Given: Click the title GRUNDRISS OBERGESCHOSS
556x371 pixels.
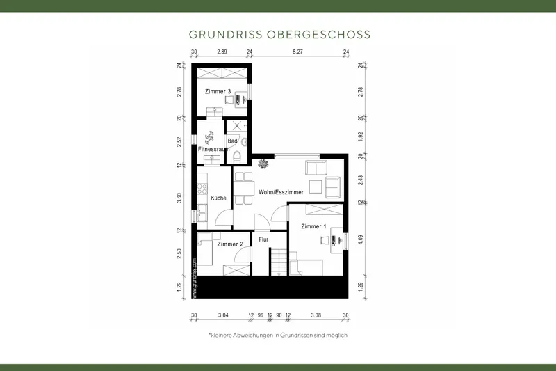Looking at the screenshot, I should point(279,34).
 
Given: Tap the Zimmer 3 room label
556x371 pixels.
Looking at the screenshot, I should point(218,92).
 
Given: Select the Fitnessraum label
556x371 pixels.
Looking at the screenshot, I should point(213,150).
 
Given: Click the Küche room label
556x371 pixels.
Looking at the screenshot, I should point(219,198).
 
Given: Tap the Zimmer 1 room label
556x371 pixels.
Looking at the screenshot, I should point(313,227).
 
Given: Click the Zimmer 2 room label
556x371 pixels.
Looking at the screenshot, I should point(230,244).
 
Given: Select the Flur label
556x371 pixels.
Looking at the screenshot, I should point(263,240).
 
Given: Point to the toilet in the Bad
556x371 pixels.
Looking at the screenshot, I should point(237,156).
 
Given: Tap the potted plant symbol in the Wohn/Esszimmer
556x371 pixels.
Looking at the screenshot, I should point(264,164).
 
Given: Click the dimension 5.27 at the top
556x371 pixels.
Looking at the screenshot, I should point(297,52).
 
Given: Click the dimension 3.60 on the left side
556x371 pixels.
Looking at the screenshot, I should point(179,198).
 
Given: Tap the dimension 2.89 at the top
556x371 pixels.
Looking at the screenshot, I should point(222,52).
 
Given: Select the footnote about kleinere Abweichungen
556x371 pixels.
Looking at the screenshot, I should point(278,335).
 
